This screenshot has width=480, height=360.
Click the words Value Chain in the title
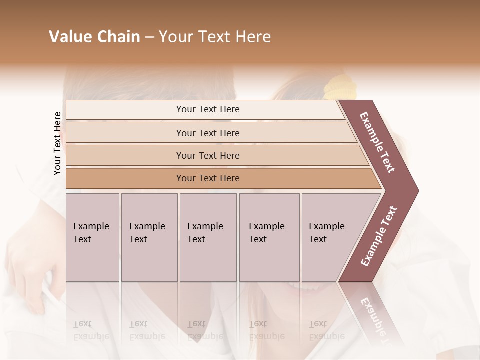pyautogui.click(x=94, y=37)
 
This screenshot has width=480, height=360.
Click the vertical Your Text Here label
pyautogui.click(x=57, y=143)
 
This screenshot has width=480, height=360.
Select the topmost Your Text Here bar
pyautogui.click(x=207, y=109)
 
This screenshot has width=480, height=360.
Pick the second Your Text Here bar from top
pyautogui.click(x=208, y=133)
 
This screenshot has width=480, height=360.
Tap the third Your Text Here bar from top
pyautogui.click(x=208, y=155)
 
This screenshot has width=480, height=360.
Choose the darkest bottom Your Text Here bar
pyautogui.click(x=208, y=178)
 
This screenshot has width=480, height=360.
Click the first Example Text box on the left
pyautogui.click(x=92, y=237)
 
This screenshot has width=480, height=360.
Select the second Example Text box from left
pyautogui.click(x=149, y=237)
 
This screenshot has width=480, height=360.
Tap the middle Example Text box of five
pyautogui.click(x=207, y=237)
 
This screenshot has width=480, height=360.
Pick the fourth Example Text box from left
pyautogui.click(x=269, y=237)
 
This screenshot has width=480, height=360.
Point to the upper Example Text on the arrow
pyautogui.click(x=378, y=142)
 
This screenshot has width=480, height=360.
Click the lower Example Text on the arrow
pyautogui.click(x=379, y=236)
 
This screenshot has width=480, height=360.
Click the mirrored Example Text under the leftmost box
pyautogui.click(x=91, y=330)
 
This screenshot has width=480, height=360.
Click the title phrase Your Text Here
pyautogui.click(x=215, y=37)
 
